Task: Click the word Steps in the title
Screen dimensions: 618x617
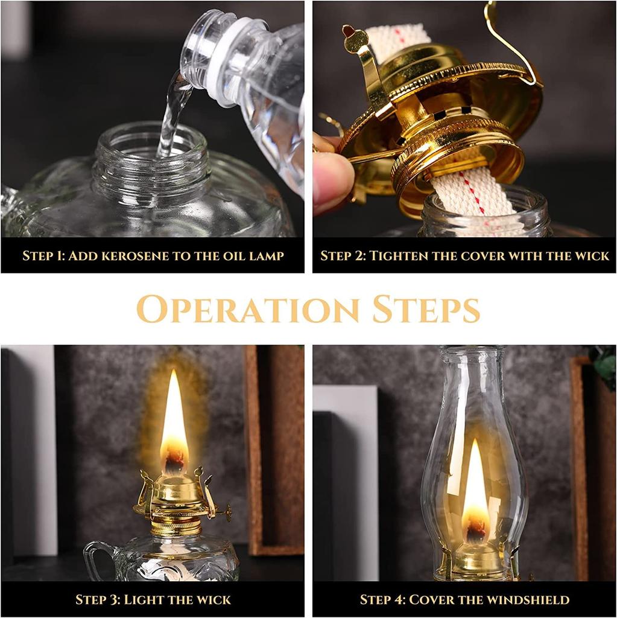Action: [x=426, y=309]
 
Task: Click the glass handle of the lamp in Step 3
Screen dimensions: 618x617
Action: [x=95, y=558]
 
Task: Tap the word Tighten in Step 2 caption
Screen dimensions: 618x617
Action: [x=398, y=255]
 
